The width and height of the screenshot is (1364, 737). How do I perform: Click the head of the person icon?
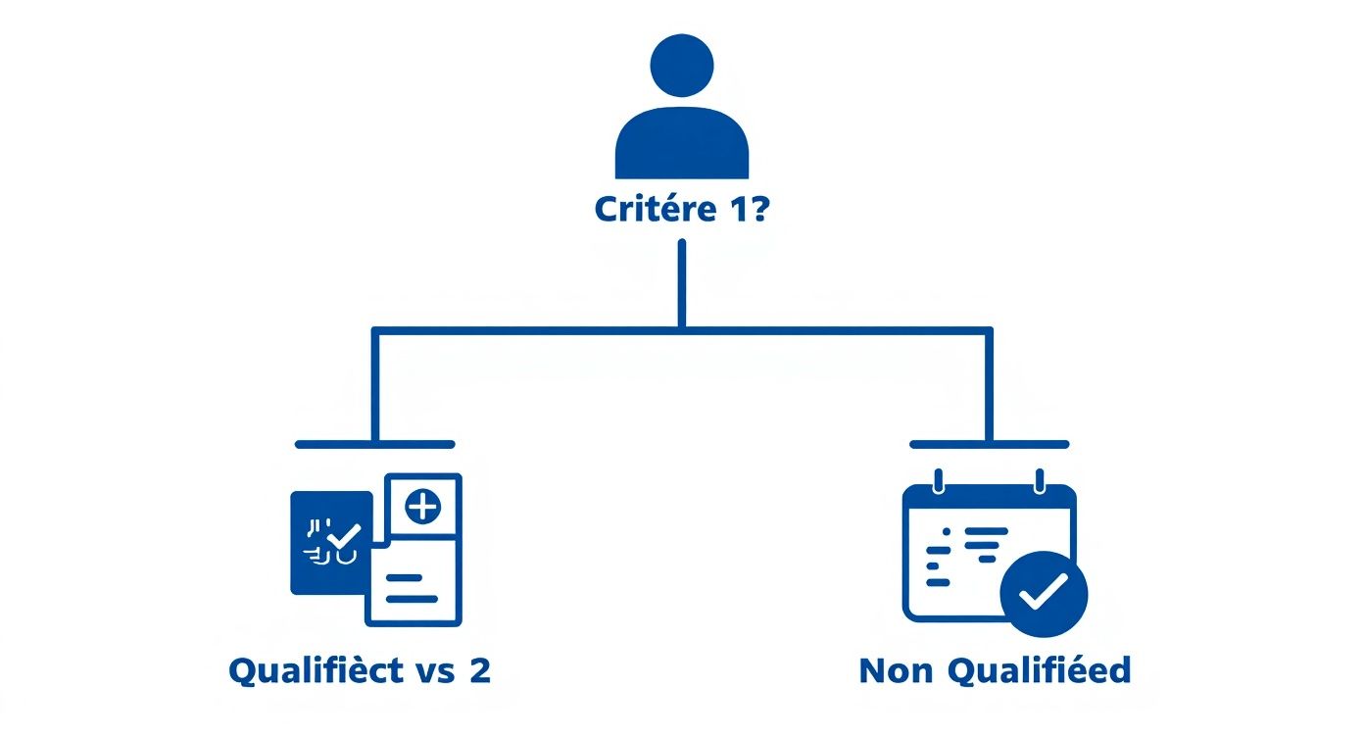point(681,66)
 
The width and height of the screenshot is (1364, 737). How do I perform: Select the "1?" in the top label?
point(745,210)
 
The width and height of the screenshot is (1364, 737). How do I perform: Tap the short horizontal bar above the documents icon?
point(374,444)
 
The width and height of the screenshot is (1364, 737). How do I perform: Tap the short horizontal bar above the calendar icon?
point(989,444)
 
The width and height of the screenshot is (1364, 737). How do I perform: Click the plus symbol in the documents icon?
point(422,507)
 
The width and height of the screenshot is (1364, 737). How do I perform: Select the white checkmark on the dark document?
point(344,537)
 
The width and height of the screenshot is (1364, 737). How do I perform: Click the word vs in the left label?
point(434,672)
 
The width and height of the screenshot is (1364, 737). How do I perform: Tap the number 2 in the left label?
point(479,671)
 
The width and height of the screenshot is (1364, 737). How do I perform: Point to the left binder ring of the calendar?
point(939,480)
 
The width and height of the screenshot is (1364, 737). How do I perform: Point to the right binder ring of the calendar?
point(1039,480)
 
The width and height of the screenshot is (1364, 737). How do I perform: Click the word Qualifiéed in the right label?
point(1040,671)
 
